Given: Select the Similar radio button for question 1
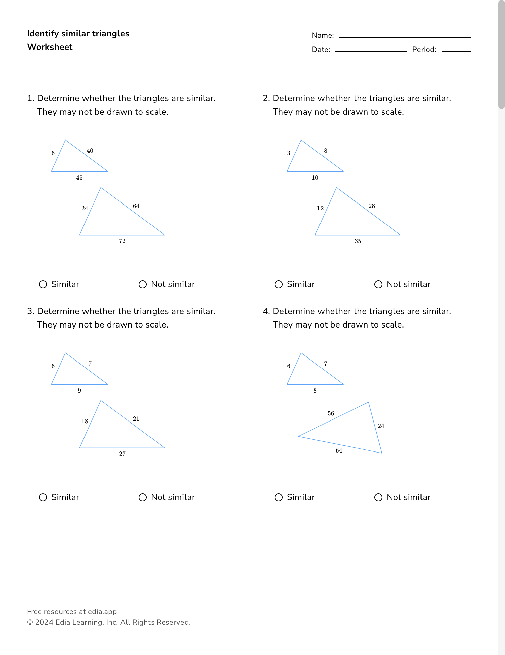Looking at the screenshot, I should pos(43,284).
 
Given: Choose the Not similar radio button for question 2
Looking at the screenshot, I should pos(378,284).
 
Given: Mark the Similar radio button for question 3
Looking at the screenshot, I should pos(43,497).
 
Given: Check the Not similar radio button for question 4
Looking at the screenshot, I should pos(378,497).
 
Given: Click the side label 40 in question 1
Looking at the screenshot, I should pos(90,151).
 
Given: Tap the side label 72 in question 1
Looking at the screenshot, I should pos(122,241).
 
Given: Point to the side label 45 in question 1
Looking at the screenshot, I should pos(79,178).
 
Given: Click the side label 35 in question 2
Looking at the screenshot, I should pos(358,241).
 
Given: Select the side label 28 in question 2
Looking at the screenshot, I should pos(372,206).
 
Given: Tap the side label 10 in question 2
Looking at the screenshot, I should pos(315,178).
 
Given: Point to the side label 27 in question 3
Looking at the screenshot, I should pos(122,454).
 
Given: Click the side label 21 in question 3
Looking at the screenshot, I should pos(136,419).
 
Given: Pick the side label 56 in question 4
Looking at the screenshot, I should pos(331,413).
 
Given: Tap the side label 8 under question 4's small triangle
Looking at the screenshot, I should pos(315,391).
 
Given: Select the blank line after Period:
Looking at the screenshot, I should pos(456,51).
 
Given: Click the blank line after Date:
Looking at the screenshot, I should pos(371,51).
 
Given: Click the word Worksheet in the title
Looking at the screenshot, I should pos(50,47).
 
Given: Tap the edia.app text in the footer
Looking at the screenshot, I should pos(102,611).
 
